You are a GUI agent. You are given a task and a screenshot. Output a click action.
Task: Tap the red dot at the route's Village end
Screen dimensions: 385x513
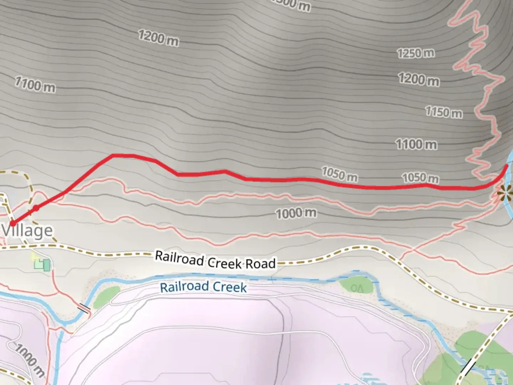pos(13,224)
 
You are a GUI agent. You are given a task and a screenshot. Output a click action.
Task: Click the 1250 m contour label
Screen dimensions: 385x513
pos(416,53)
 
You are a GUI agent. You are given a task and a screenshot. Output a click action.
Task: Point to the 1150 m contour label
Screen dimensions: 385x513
pos(444,112)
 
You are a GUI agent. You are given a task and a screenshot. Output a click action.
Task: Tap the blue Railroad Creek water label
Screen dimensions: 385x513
pos(203,287)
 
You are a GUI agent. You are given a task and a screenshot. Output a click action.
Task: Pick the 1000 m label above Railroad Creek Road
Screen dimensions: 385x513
pos(296,213)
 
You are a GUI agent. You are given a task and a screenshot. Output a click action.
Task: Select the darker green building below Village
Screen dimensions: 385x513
pos(46,265)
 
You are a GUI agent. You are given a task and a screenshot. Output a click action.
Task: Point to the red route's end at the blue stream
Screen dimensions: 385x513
pos(507,166)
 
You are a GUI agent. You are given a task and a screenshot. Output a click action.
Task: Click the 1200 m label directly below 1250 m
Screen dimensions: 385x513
pos(419,79)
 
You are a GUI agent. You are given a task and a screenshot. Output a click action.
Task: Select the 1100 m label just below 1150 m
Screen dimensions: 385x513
pos(416,144)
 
